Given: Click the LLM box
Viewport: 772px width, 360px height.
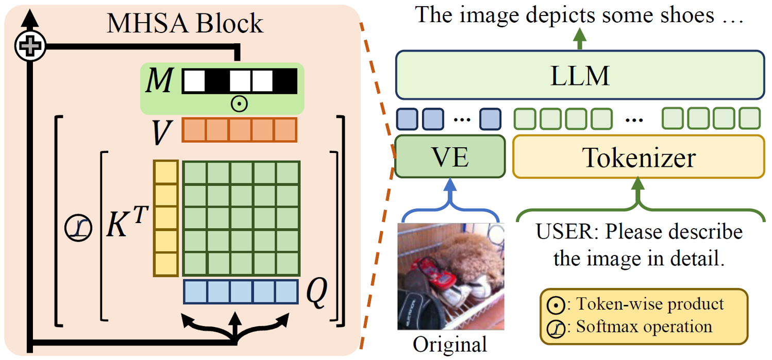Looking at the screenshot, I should pyautogui.click(x=579, y=75).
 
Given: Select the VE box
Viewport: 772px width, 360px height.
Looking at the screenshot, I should pyautogui.click(x=449, y=156).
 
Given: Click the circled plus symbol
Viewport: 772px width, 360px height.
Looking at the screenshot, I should pyautogui.click(x=30, y=47).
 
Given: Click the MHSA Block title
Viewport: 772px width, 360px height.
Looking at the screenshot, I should pyautogui.click(x=184, y=23).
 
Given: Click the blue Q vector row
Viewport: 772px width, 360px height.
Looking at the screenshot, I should pyautogui.click(x=240, y=292).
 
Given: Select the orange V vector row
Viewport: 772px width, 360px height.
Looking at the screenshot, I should pyautogui.click(x=239, y=130).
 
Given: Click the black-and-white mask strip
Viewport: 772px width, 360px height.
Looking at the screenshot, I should pyautogui.click(x=239, y=81).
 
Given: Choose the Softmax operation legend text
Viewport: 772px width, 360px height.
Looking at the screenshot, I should pyautogui.click(x=644, y=327).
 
